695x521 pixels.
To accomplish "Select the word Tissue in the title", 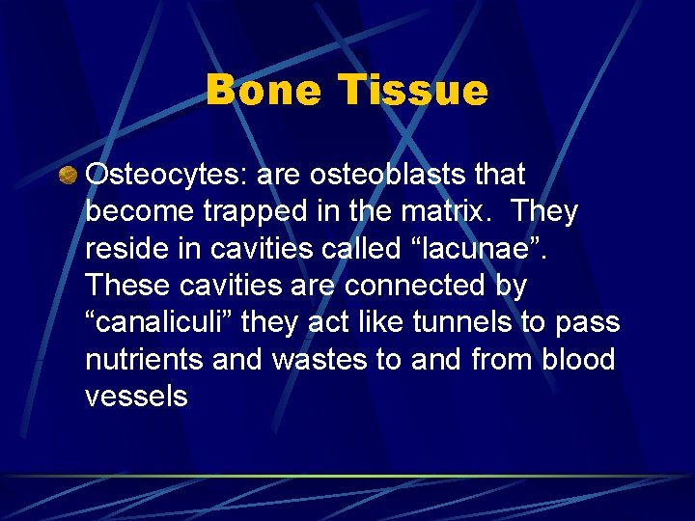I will click(413, 91).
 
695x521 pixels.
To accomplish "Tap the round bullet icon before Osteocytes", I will click(68, 175).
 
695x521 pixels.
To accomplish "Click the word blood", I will click(578, 359).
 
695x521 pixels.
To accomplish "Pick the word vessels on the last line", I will click(136, 397).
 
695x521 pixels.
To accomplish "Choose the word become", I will click(142, 211).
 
